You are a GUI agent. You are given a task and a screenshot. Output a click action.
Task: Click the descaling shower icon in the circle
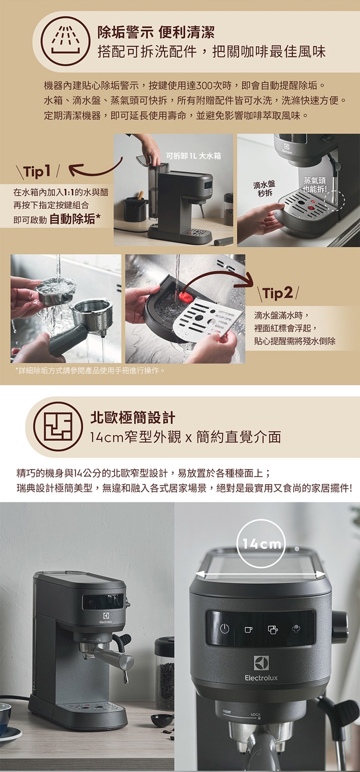point(65,41)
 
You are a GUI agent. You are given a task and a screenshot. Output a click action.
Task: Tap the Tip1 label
point(38,171)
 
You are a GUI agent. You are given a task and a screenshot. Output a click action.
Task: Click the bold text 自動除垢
point(75,218)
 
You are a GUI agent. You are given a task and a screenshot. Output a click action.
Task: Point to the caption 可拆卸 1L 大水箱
point(193,156)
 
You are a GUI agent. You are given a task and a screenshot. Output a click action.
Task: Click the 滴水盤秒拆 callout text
point(264,189)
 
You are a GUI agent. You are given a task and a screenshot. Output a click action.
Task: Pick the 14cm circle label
point(262,544)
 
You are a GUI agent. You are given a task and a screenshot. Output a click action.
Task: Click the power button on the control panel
point(225,628)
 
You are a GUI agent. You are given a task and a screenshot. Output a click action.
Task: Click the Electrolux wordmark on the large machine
point(261,677)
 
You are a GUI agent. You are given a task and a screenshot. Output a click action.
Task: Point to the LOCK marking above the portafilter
point(256,714)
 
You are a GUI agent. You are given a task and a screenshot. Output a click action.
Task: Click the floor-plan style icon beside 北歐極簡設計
point(58,427)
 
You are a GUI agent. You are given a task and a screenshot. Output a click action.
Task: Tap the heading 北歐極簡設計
point(132,418)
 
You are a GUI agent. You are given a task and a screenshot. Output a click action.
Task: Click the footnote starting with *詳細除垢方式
point(90,371)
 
